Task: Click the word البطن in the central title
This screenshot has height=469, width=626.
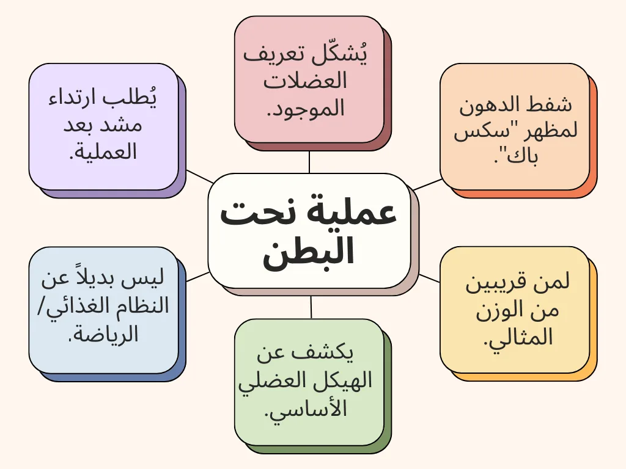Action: [x=308, y=251]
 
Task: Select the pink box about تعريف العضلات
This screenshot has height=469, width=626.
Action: [x=309, y=79]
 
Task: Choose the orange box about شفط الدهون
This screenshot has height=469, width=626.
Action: [x=515, y=126]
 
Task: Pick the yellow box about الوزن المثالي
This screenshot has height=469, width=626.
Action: [x=515, y=310]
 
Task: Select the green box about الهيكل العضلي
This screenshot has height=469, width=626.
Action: [x=309, y=382]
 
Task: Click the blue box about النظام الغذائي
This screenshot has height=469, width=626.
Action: [x=103, y=310]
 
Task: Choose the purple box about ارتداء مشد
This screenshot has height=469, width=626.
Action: [x=103, y=126]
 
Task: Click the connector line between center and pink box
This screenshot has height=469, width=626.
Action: [x=309, y=162]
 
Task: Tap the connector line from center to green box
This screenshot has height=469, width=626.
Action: [x=311, y=307]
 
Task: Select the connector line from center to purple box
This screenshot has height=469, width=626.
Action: [x=200, y=176]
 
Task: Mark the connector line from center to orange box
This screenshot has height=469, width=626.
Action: [x=427, y=184]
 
